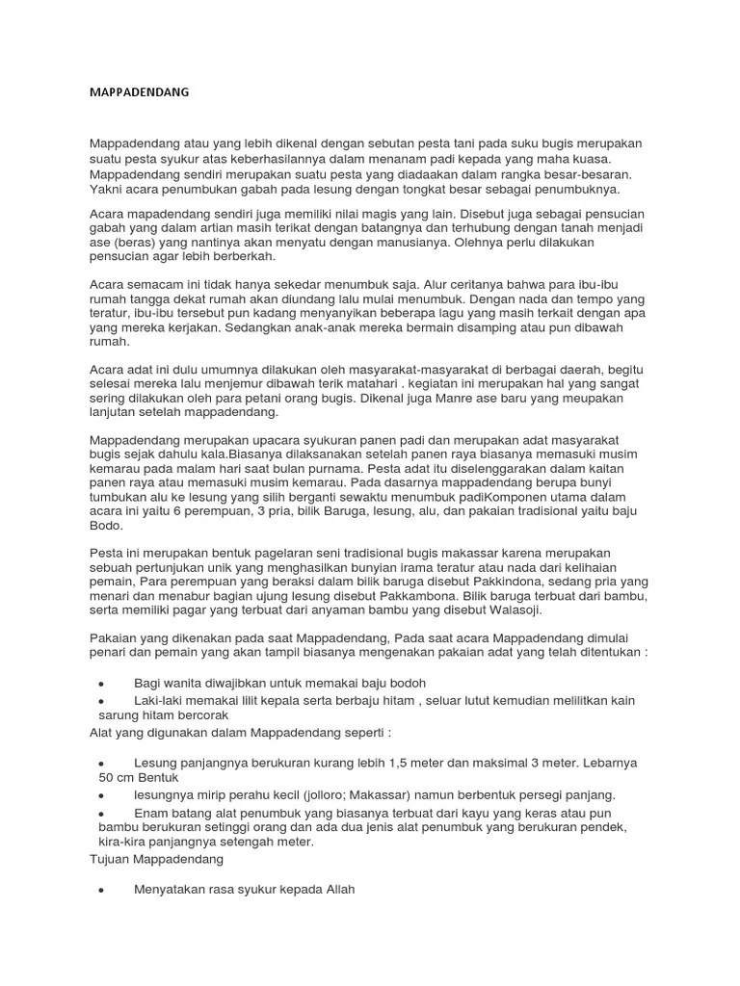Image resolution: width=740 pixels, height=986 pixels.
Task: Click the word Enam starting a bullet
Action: tap(151, 813)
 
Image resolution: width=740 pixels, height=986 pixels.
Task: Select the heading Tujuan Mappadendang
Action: tap(156, 857)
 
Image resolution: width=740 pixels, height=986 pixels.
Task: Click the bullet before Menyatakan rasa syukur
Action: tap(101, 891)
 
